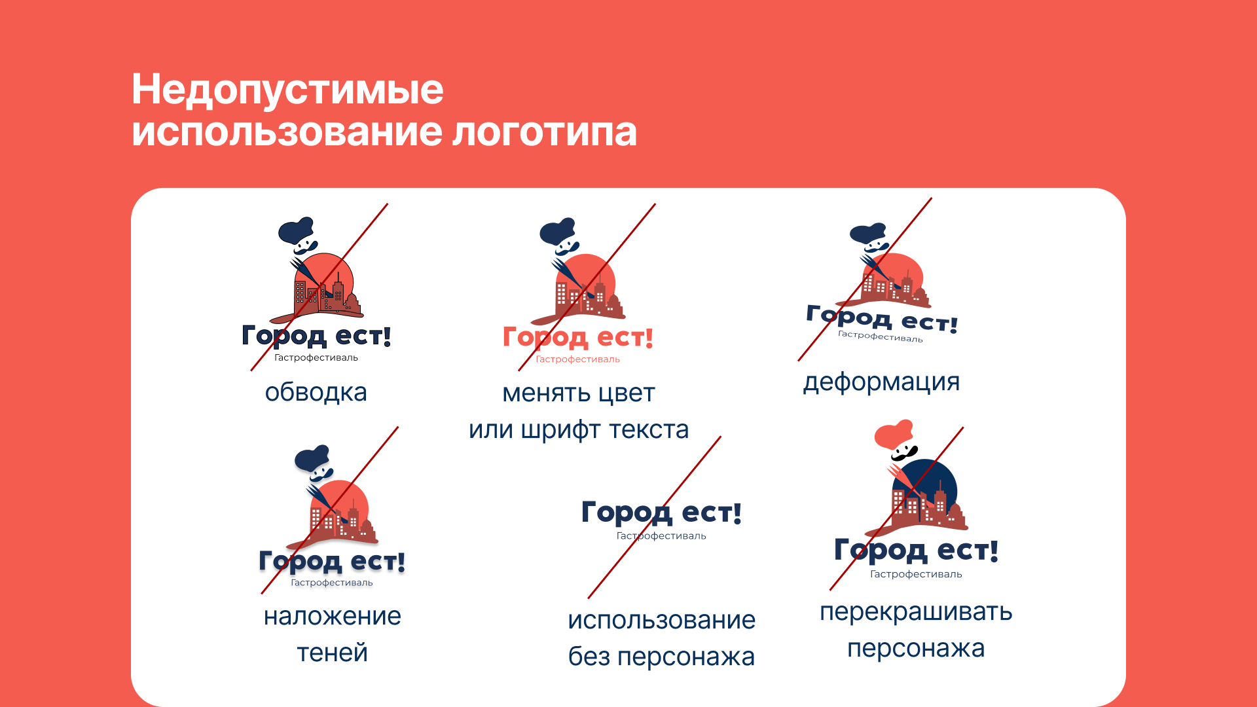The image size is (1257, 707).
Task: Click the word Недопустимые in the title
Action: [287, 90]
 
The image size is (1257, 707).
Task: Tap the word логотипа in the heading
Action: [544, 132]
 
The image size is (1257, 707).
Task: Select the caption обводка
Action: [316, 393]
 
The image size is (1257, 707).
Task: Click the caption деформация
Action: [881, 382]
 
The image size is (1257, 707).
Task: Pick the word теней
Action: [332, 653]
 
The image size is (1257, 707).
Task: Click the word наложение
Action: [332, 617]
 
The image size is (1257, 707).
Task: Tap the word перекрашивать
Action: [916, 612]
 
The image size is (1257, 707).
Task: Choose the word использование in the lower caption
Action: [661, 620]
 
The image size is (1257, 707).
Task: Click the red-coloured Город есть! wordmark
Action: [577, 338]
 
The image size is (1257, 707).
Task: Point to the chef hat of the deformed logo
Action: [867, 233]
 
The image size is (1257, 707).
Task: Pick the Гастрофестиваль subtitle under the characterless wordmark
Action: [661, 536]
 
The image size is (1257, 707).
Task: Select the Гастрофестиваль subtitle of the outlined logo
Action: [316, 358]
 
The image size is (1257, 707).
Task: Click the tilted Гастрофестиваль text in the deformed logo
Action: [880, 336]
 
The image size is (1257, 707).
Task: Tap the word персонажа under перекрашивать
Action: [916, 649]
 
